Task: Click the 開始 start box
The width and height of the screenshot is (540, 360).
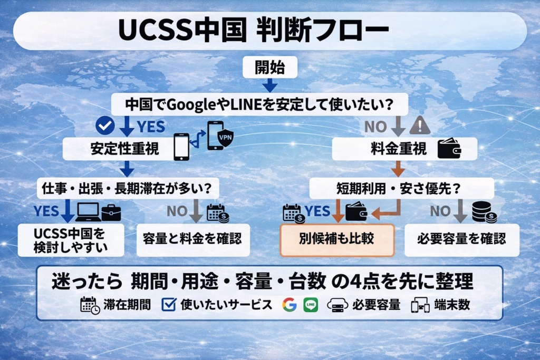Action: (269, 67)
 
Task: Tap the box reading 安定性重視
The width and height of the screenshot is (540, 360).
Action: (118, 149)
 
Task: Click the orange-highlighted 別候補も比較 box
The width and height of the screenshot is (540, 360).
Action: (337, 239)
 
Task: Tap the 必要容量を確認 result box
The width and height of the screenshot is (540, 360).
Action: (462, 239)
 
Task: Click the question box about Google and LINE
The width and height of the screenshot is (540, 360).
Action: (260, 104)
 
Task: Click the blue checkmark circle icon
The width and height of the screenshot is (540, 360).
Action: (105, 125)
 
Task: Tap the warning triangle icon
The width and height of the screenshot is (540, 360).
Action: (420, 125)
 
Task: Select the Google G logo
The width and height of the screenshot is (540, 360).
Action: (290, 305)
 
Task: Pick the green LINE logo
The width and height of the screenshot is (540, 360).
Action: (311, 305)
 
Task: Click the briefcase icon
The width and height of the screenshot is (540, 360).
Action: (111, 212)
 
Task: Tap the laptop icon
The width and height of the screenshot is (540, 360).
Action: (88, 212)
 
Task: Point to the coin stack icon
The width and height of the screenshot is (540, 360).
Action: (483, 211)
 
